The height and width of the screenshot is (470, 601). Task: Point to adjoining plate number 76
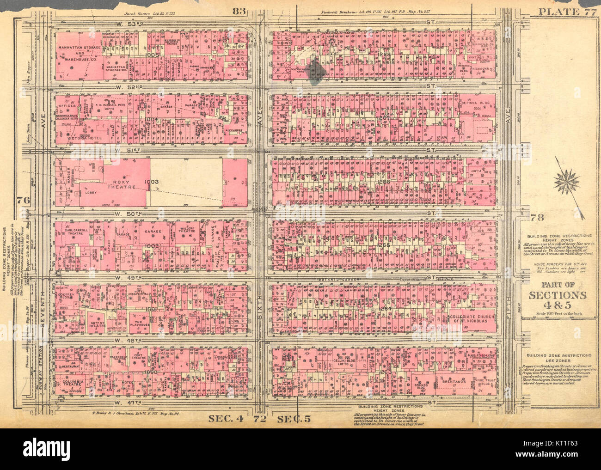point(21,201)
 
